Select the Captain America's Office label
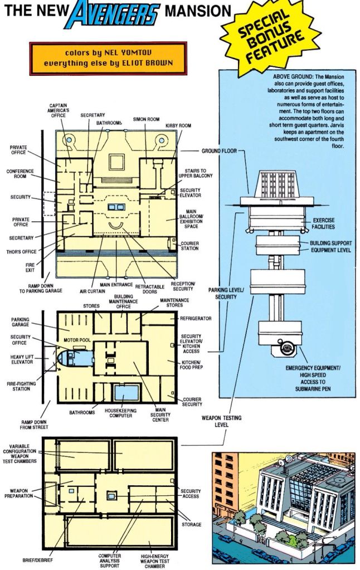[58, 110]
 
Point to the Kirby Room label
[178, 126]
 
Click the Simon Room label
[146, 119]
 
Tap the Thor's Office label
[21, 251]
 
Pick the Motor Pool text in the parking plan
[77, 340]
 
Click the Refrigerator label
[196, 319]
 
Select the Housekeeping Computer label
[121, 413]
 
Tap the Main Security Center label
[160, 415]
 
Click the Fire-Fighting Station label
[21, 386]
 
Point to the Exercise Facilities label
[323, 223]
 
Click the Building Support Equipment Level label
[330, 246]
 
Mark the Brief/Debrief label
[38, 560]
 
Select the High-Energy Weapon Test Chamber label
[154, 561]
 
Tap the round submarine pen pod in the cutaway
[286, 349]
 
